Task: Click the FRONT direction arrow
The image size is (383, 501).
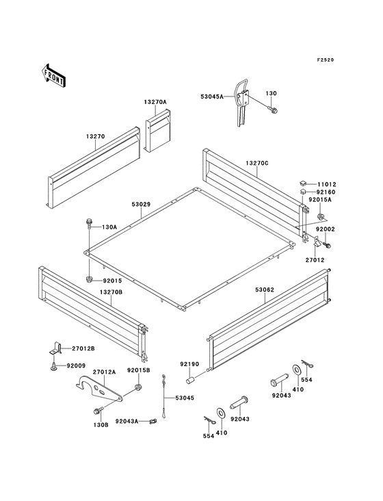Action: click(53, 75)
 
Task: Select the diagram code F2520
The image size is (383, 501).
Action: click(326, 60)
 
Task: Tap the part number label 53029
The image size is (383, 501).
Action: click(141, 204)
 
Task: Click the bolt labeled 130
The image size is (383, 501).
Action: click(273, 110)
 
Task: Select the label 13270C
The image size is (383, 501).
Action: click(257, 163)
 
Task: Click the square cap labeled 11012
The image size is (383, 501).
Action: click(302, 183)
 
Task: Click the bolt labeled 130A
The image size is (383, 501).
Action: click(89, 223)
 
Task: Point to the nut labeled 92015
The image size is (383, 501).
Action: click(89, 279)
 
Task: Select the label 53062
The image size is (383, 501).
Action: click(265, 290)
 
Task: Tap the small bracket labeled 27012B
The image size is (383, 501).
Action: click(55, 348)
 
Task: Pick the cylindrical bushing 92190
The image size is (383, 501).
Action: click(191, 380)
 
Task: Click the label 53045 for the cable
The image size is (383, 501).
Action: click(185, 398)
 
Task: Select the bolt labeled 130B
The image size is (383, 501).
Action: click(98, 411)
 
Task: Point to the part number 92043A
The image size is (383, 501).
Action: click(127, 421)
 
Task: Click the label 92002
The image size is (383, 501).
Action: click(326, 229)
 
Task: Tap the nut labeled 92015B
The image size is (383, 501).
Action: click(138, 387)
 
